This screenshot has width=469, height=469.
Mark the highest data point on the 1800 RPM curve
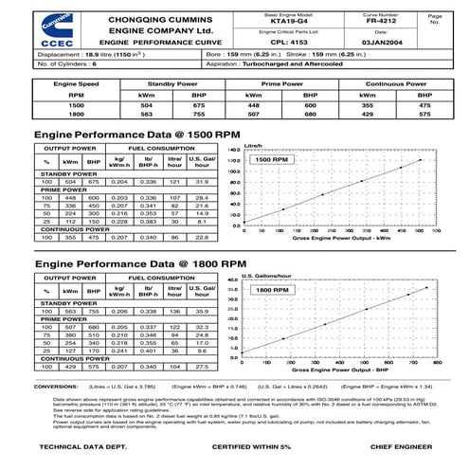(x=427, y=289)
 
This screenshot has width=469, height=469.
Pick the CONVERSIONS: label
(x=57, y=388)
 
